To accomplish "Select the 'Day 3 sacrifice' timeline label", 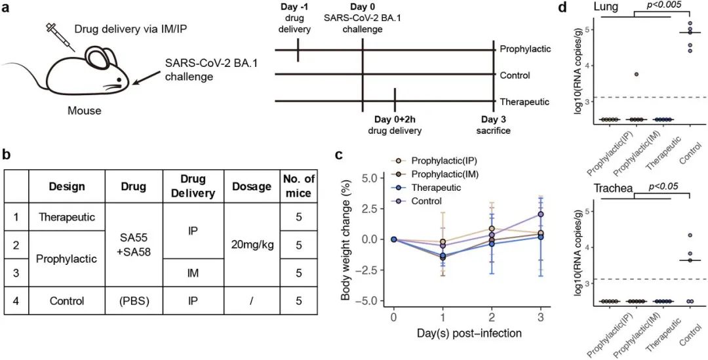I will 494,125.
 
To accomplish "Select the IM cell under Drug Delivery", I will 193,273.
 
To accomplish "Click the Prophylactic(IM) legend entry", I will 446,174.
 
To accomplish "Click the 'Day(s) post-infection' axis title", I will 469,333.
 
